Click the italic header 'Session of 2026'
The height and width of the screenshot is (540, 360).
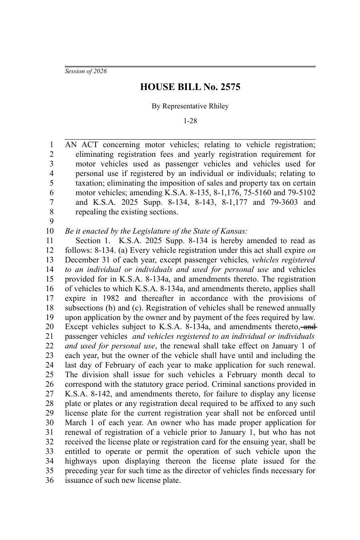[86, 71]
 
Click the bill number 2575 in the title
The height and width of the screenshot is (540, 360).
[230, 87]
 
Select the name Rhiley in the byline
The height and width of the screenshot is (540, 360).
[218, 106]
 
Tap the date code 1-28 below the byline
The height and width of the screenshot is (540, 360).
[190, 121]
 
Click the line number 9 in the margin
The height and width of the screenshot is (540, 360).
[51, 222]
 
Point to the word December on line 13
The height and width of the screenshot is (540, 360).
[82, 260]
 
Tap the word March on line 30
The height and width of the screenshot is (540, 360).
[76, 423]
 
